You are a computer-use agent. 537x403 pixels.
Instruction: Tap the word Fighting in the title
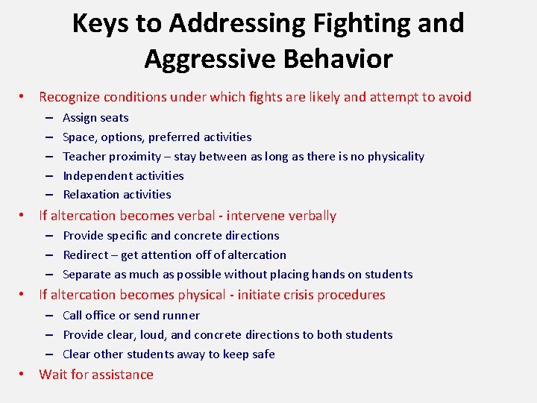350,23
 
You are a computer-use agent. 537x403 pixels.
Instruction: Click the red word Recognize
70,97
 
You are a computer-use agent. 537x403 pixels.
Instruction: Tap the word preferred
174,137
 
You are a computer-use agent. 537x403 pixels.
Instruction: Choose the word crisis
297,295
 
